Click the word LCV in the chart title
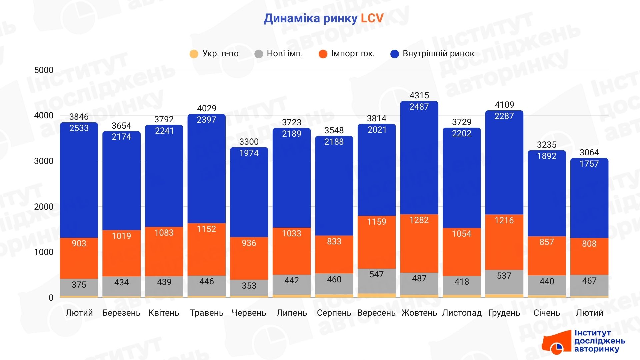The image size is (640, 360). (372, 18)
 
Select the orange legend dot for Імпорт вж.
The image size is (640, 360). (323, 54)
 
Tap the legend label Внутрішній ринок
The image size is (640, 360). (438, 54)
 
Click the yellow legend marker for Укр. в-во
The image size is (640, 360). (194, 54)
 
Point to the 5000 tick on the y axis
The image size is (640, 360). (44, 70)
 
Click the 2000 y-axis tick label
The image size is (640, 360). (44, 207)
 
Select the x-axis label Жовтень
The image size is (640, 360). (419, 313)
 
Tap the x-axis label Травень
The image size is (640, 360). (207, 313)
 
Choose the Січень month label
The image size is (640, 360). (547, 313)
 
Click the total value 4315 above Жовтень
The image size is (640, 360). (419, 96)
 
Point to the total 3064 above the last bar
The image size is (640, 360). (589, 153)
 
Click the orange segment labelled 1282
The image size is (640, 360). (419, 243)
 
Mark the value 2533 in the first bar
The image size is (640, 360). (79, 128)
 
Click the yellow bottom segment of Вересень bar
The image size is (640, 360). (377, 295)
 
